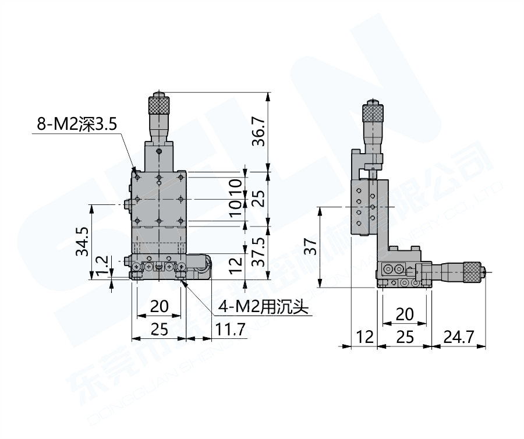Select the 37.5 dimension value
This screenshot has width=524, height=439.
point(259,251)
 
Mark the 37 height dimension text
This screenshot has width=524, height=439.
point(311,248)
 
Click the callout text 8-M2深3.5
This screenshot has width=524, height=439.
point(77,123)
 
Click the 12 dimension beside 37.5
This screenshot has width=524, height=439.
point(235,265)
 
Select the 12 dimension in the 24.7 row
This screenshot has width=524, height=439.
point(364,337)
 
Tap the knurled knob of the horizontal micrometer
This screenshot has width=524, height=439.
point(472,272)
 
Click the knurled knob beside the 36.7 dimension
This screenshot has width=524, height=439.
point(159,105)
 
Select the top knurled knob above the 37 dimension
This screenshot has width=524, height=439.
point(373,112)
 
